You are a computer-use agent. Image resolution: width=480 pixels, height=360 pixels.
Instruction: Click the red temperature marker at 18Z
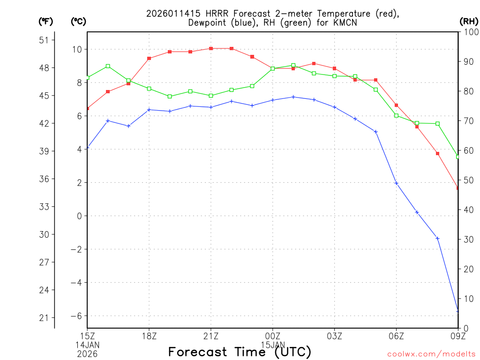[x=149, y=58]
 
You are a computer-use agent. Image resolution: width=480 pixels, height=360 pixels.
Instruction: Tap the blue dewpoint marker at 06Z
[x=396, y=183]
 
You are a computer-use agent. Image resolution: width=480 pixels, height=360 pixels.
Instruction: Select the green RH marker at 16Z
[x=108, y=66]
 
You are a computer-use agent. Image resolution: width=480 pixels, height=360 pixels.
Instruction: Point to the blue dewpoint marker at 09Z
[x=457, y=311]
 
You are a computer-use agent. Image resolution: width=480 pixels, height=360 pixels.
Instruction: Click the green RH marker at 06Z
[x=396, y=115]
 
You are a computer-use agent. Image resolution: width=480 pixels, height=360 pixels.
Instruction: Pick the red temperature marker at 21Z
[x=211, y=48]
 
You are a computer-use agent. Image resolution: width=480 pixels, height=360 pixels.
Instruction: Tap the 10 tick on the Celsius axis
[x=77, y=49]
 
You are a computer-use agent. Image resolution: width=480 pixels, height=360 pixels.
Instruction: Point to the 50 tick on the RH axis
[x=468, y=180]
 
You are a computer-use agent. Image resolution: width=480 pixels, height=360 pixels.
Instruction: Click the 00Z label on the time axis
[x=272, y=336]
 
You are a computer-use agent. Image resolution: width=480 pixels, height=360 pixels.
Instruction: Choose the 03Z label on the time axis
[x=334, y=336]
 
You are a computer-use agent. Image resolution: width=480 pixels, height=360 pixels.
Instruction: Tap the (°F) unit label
[x=46, y=21]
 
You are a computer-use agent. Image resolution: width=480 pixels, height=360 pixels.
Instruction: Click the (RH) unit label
[x=469, y=21]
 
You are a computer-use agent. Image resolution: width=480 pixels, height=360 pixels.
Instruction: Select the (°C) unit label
[x=79, y=21]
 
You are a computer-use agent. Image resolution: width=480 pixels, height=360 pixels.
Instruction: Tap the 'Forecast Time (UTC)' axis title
[x=240, y=352]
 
